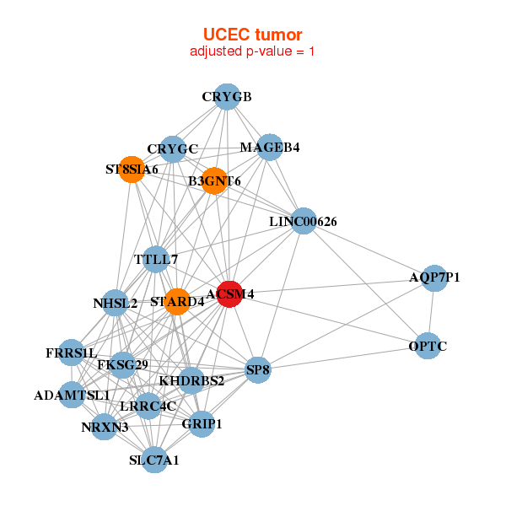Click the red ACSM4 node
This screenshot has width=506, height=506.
[229, 293]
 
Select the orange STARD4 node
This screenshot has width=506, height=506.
[176, 301]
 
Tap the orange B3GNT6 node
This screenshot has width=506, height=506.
[214, 180]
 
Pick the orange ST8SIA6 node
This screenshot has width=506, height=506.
[131, 170]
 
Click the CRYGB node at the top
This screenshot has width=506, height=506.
[225, 97]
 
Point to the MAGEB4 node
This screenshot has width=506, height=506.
[269, 148]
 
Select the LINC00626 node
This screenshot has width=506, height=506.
[304, 221]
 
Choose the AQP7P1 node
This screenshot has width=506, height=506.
[434, 277]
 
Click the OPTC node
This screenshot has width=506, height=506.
[428, 346]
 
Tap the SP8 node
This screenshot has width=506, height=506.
[258, 369]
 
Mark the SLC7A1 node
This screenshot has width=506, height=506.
[154, 460]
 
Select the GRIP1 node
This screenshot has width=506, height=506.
[202, 423]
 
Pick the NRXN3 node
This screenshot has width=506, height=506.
[105, 427]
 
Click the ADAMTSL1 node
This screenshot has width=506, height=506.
[73, 395]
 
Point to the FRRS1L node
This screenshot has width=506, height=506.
[73, 353]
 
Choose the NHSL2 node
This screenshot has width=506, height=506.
[116, 303]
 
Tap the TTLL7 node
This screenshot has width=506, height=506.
[156, 260]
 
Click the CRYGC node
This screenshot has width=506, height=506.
[172, 150]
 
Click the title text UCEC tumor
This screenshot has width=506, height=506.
[252, 35]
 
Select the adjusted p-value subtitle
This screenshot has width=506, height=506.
[252, 51]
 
